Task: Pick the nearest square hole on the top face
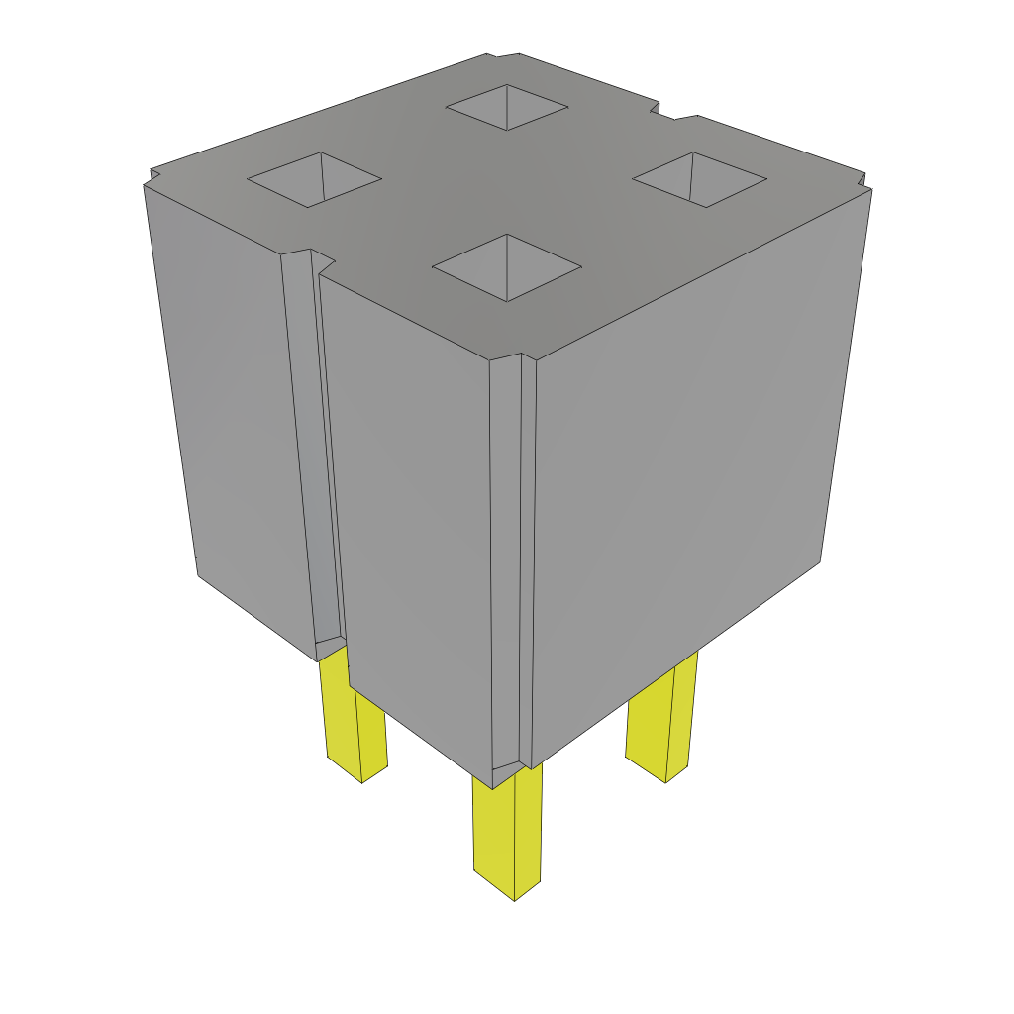click(506, 266)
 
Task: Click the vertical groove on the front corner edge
click(512, 564)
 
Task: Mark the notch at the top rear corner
click(503, 55)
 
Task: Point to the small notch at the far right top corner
click(864, 185)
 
